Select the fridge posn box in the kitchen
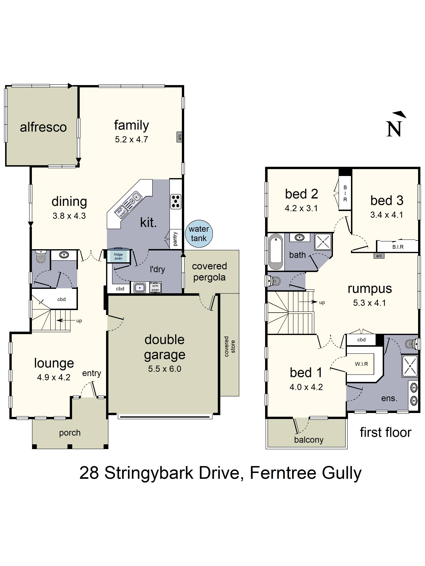pyautogui.click(x=118, y=256)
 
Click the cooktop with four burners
pyautogui.click(x=176, y=202)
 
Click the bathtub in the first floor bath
pyautogui.click(x=276, y=251)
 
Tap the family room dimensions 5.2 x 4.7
pyautogui.click(x=131, y=139)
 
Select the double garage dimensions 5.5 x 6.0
pyautogui.click(x=165, y=369)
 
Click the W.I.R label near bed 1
pyautogui.click(x=361, y=364)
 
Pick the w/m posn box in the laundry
pyautogui.click(x=155, y=288)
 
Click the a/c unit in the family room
pyautogui.click(x=179, y=137)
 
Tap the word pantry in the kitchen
pyautogui.click(x=175, y=239)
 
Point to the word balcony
pyautogui.click(x=309, y=440)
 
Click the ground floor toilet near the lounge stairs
pyautogui.click(x=41, y=256)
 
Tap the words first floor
pyautogui.click(x=385, y=432)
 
